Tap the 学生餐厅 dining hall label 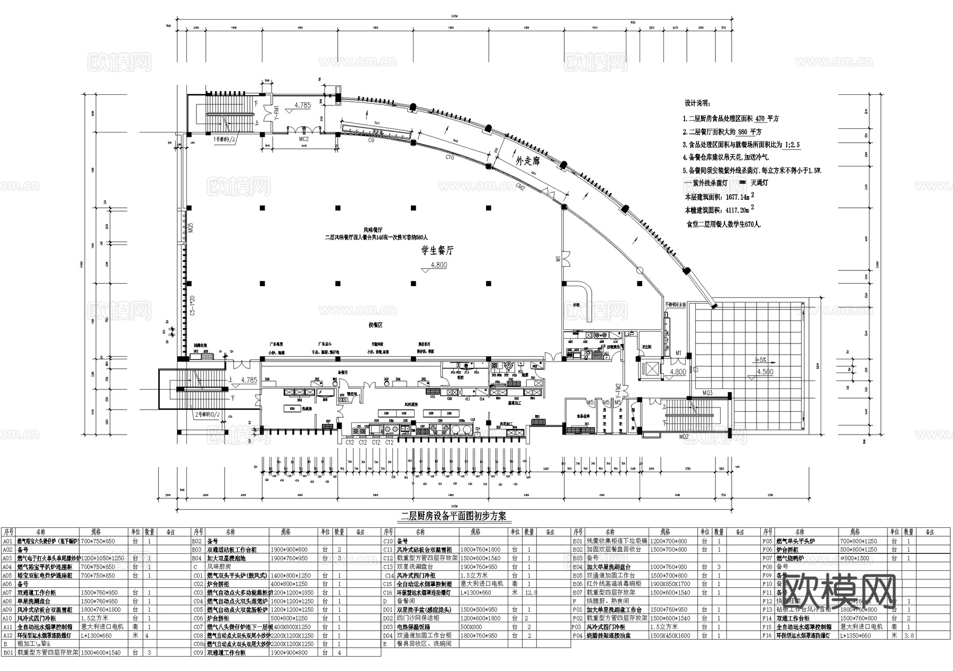point(437,250)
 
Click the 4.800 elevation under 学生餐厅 point(438,265)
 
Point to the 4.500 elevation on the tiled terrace point(765,372)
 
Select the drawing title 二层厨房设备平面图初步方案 point(453,516)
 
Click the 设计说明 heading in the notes point(698,103)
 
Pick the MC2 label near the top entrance point(303,139)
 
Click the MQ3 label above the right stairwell point(707,393)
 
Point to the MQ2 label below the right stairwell point(684,437)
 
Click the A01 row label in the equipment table point(7,541)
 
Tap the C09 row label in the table point(198,652)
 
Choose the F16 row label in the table point(767,635)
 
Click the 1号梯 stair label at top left point(224,139)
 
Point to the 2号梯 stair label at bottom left point(208,414)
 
